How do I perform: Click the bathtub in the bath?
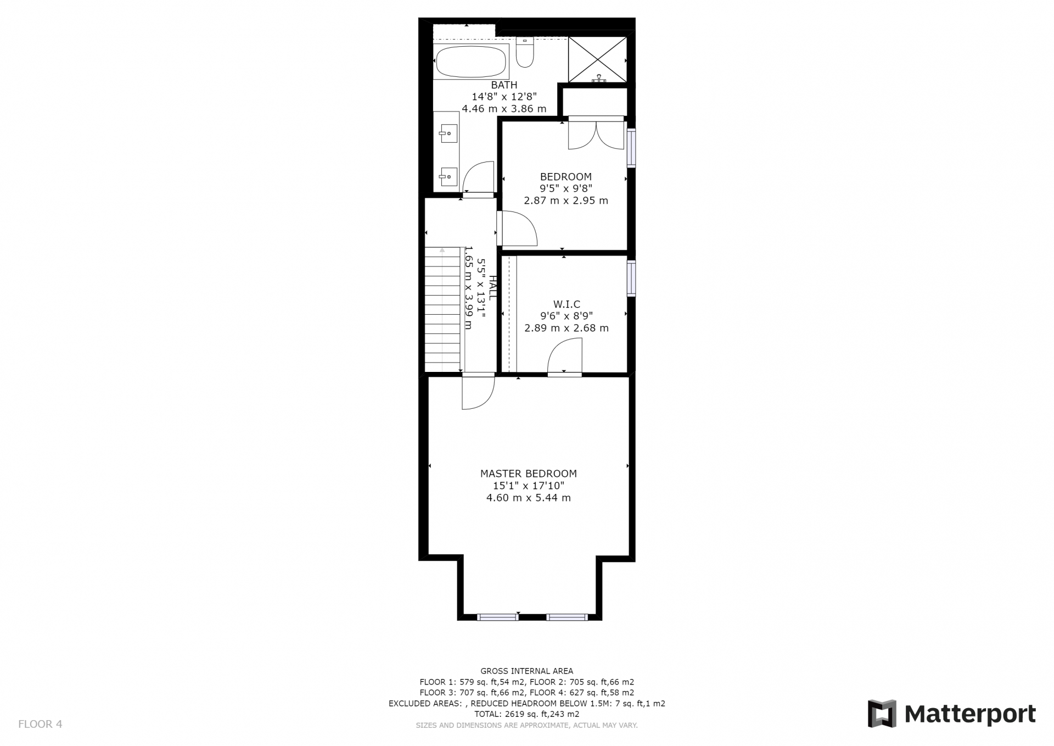(471, 62)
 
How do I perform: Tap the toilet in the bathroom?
(525, 52)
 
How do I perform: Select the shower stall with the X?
(597, 59)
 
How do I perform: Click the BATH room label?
(504, 85)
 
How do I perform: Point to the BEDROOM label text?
(566, 177)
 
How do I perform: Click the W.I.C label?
(567, 304)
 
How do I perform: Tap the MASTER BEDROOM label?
(529, 474)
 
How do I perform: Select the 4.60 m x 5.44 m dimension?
(529, 498)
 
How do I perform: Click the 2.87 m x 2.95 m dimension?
(566, 201)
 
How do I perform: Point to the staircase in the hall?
(442, 310)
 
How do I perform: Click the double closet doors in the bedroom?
(596, 133)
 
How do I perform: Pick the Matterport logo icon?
(882, 714)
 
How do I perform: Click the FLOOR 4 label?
(40, 724)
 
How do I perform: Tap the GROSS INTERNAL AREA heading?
(527, 671)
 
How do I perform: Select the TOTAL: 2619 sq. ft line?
(527, 714)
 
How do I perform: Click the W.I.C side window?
(631, 279)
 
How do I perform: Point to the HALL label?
(492, 287)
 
